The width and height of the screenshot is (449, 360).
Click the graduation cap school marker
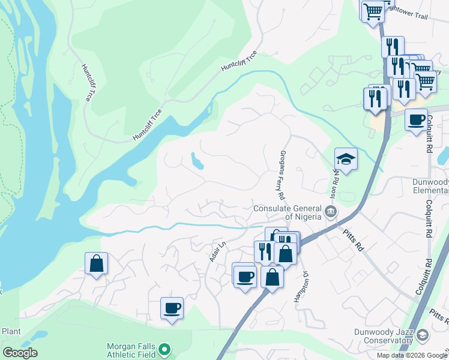pos(346,159)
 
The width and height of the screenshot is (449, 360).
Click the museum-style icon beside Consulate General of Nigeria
pos(330,211)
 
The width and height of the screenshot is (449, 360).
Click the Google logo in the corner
pos(20,353)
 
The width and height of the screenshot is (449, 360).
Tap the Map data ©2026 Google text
pos(412,355)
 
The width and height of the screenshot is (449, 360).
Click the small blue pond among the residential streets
pos(196,161)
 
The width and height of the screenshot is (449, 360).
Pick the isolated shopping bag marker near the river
pos(96,264)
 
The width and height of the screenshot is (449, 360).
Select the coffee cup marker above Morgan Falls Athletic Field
pos(172,309)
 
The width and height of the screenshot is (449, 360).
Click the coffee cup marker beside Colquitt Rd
pos(415,120)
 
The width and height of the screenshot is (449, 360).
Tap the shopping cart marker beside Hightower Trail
pos(372,10)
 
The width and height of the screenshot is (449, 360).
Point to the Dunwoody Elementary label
pos(430,186)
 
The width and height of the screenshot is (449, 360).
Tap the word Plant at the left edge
pos(11,331)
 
